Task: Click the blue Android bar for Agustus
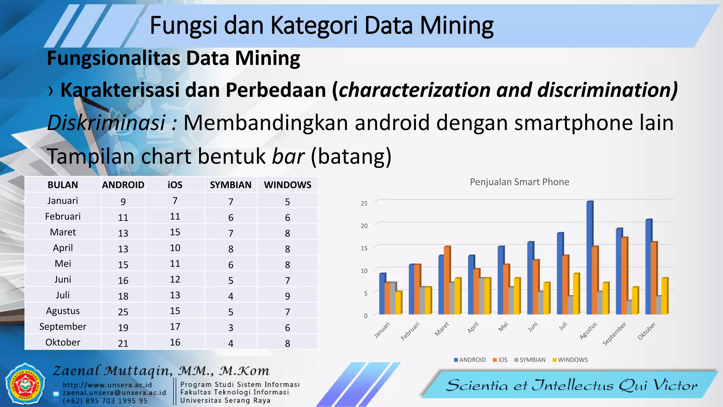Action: point(590,258)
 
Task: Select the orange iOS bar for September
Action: point(625,276)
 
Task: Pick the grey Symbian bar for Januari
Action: point(393,298)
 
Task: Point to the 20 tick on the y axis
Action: point(364,226)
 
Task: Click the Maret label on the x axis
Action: point(442,329)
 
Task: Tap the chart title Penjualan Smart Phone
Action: point(519,182)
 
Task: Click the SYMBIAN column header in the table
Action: point(231,185)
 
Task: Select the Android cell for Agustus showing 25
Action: point(123,312)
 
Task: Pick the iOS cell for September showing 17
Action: point(175,327)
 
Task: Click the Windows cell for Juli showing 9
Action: point(287,296)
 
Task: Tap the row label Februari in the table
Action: point(63,217)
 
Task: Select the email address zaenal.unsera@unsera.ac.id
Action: point(114,393)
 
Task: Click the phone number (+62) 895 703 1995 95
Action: point(105,401)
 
